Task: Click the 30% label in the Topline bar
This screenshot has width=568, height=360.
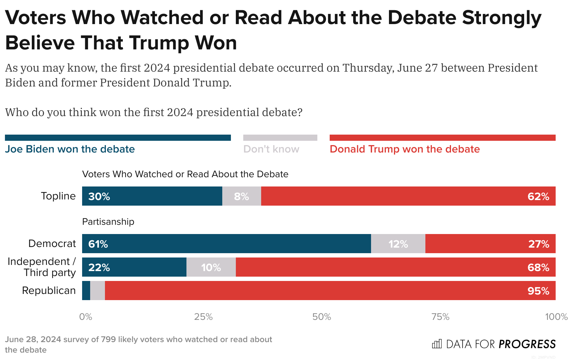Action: (x=99, y=196)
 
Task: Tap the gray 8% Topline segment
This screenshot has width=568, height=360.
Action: (x=241, y=196)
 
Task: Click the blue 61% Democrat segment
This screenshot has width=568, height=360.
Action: (x=226, y=244)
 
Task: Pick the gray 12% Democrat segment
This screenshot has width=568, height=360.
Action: (x=398, y=244)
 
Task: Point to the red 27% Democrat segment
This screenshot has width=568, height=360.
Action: (x=490, y=244)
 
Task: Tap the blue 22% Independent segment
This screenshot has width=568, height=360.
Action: (x=134, y=267)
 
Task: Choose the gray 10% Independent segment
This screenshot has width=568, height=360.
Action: (x=211, y=267)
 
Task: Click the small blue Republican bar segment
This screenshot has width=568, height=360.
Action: (x=86, y=291)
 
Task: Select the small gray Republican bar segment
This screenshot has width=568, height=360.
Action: (x=98, y=291)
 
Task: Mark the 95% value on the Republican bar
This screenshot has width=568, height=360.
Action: (x=538, y=291)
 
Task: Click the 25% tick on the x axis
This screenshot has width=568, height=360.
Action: (x=203, y=317)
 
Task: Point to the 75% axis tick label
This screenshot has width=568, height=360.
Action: (x=440, y=317)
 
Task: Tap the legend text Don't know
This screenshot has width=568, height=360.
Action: (x=271, y=149)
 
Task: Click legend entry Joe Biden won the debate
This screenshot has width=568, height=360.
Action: (x=70, y=149)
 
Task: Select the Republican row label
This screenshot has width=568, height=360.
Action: (x=49, y=291)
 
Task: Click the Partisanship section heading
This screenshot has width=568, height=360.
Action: (x=108, y=222)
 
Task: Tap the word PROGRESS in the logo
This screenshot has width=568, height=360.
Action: (x=527, y=344)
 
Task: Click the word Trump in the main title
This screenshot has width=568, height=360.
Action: (x=157, y=43)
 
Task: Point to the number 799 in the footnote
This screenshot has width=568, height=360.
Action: (x=108, y=339)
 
